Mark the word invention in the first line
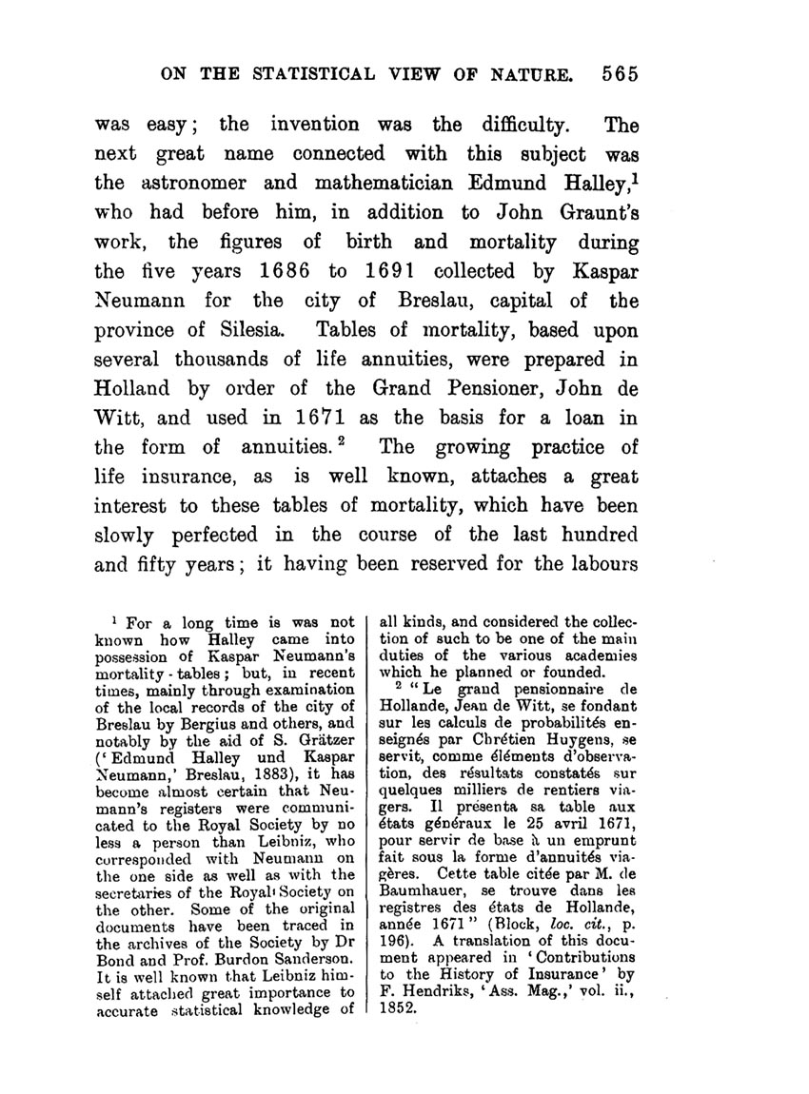(x=316, y=124)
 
